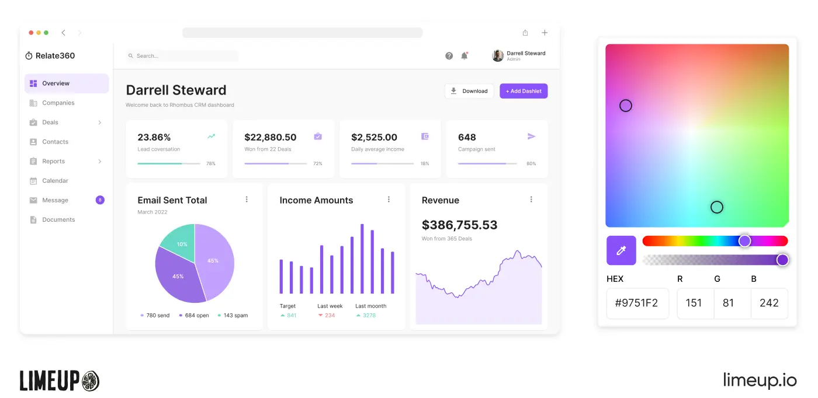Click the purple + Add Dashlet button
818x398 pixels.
(x=524, y=91)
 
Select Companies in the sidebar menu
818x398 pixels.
(x=58, y=103)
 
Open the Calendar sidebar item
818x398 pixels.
(x=55, y=181)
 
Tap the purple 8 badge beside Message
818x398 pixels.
(x=100, y=200)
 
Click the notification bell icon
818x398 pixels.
(x=465, y=56)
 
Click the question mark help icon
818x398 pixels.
(x=449, y=56)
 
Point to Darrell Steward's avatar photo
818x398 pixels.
(x=498, y=55)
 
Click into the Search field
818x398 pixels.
(x=182, y=56)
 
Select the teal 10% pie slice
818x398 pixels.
(x=179, y=240)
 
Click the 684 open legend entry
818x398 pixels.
(x=194, y=316)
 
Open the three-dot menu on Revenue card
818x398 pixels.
(x=531, y=200)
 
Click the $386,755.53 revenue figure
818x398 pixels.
(x=459, y=225)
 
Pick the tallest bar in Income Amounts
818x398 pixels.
(x=362, y=259)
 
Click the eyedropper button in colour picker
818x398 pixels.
(x=621, y=250)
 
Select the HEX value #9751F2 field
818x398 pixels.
(x=637, y=303)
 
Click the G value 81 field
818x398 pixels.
(x=728, y=303)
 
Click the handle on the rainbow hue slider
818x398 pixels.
(x=744, y=241)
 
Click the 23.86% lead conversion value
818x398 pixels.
(x=154, y=138)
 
